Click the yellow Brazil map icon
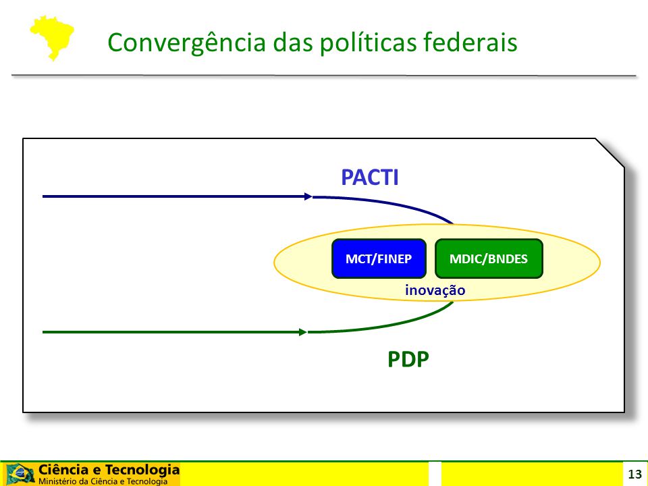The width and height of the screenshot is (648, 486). pyautogui.click(x=52, y=38)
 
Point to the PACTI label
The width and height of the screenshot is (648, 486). pyautogui.click(x=370, y=178)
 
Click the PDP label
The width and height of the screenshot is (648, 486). pyautogui.click(x=408, y=359)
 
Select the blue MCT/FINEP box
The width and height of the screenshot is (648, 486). pyautogui.click(x=379, y=259)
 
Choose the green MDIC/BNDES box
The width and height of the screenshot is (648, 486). pyautogui.click(x=489, y=259)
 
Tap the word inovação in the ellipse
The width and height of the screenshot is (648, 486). pyautogui.click(x=435, y=290)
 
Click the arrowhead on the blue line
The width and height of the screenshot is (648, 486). pyautogui.click(x=308, y=196)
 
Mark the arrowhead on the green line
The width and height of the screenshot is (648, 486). pyautogui.click(x=303, y=332)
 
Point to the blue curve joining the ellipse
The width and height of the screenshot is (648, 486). pyautogui.click(x=389, y=202)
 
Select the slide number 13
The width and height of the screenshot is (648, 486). pyautogui.click(x=634, y=474)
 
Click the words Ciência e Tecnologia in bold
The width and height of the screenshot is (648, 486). pyautogui.click(x=109, y=470)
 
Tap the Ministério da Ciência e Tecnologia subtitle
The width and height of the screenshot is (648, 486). pyautogui.click(x=103, y=481)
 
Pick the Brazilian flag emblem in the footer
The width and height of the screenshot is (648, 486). pyautogui.click(x=20, y=474)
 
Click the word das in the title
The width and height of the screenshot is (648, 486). pyautogui.click(x=293, y=42)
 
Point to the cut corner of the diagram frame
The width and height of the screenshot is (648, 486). pyautogui.click(x=610, y=153)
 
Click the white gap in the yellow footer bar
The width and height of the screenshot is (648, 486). pyautogui.click(x=435, y=474)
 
